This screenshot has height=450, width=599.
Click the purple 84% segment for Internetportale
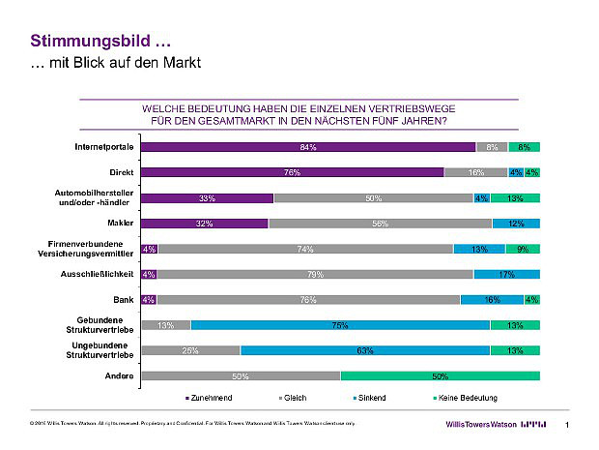click(308, 147)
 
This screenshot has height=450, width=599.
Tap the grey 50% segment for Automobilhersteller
click(373, 197)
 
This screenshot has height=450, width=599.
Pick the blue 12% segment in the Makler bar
click(515, 223)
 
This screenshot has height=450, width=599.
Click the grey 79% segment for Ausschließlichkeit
click(315, 274)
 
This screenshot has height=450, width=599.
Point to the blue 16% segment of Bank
click(492, 299)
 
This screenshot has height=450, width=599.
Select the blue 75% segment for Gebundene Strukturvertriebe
click(340, 325)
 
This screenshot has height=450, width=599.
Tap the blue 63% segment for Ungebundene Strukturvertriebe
click(365, 350)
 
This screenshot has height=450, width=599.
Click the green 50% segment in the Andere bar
click(440, 375)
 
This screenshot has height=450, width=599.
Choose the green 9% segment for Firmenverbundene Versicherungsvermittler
click(522, 249)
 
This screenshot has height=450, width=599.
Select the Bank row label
click(123, 299)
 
